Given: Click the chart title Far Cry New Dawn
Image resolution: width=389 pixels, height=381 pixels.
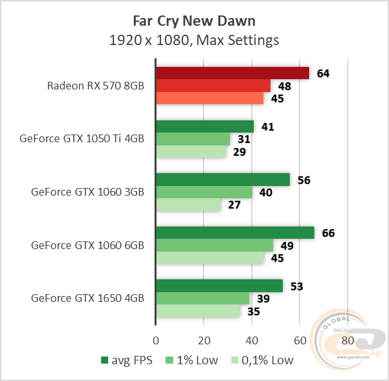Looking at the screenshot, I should (194, 21).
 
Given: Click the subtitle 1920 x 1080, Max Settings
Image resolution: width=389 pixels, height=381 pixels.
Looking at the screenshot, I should (194, 40).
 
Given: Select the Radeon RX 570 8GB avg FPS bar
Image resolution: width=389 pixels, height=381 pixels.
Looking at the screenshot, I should (232, 73).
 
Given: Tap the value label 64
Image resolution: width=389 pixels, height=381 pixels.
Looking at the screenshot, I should (323, 73).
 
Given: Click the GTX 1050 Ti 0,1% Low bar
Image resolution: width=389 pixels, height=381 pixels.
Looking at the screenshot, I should (191, 152).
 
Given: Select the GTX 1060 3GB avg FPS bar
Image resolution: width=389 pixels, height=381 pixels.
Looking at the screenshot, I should (223, 180).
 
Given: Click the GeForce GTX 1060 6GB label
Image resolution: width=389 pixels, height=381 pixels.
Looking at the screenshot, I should (87, 245).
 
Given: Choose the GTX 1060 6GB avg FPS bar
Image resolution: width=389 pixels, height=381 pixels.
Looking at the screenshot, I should (235, 233).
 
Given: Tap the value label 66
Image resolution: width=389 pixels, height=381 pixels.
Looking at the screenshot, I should (328, 233).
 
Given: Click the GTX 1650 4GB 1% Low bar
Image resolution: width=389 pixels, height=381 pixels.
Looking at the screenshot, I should (203, 298).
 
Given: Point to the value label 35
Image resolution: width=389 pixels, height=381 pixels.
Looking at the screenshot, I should (254, 311).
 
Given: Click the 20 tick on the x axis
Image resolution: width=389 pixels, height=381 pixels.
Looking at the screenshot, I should (204, 340).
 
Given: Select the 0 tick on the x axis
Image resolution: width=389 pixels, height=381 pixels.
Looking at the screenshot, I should (156, 340).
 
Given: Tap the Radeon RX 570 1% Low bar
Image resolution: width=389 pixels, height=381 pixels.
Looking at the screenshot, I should (213, 86).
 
